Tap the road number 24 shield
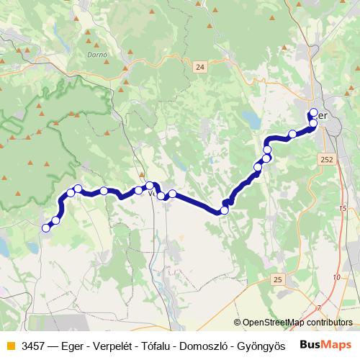200,67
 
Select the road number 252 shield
328,160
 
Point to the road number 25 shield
278,278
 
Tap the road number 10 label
336,276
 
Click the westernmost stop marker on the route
46,228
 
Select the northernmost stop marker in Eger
313,112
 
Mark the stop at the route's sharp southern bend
225,210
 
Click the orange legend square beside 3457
9,346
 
